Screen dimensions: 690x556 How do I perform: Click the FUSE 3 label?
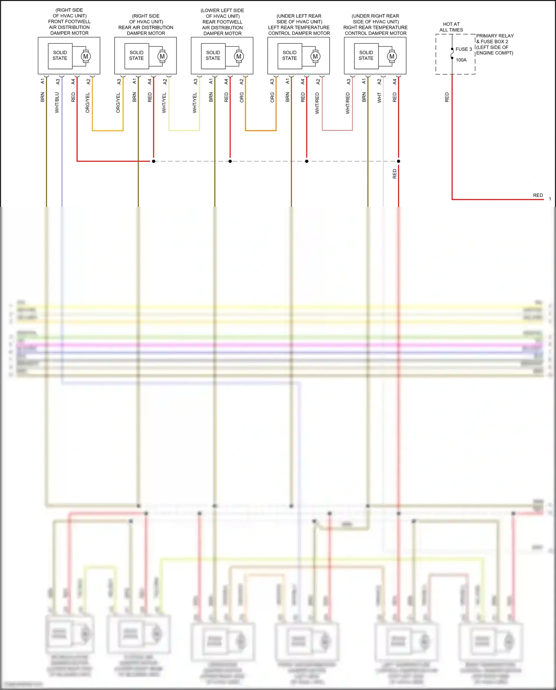pyautogui.click(x=464, y=49)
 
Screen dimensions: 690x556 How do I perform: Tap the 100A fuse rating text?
pyautogui.click(x=461, y=60)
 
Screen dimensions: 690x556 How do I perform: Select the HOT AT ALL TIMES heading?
pyautogui.click(x=451, y=27)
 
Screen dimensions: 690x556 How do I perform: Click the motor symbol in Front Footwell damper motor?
pyautogui.click(x=86, y=56)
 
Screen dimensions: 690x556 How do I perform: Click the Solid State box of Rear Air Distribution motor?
pyautogui.click(x=136, y=56)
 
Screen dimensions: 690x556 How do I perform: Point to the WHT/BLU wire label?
pyautogui.click(x=57, y=103)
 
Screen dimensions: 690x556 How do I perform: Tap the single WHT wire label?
pyautogui.click(x=379, y=98)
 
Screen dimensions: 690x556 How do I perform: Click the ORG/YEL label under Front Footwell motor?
pyautogui.click(x=88, y=103)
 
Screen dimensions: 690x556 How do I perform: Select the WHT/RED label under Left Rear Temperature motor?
pyautogui.click(x=317, y=103)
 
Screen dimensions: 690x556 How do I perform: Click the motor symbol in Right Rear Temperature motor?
pyautogui.click(x=392, y=56)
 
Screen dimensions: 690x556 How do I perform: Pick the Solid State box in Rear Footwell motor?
pyautogui.click(x=213, y=56)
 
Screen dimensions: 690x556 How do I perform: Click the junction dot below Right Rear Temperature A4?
pyautogui.click(x=398, y=161)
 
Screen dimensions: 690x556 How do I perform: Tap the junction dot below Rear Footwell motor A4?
pyautogui.click(x=230, y=161)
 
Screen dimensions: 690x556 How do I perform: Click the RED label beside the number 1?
pyautogui.click(x=538, y=195)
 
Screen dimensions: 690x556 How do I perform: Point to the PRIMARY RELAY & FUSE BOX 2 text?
pyautogui.click(x=495, y=44)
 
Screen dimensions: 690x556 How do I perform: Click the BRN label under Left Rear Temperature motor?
pyautogui.click(x=288, y=98)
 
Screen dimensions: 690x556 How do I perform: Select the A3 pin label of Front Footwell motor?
pyautogui.click(x=58, y=82)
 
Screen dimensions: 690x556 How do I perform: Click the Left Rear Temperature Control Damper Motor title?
pyautogui.click(x=299, y=24)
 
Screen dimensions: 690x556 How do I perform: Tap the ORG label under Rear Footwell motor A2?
pyautogui.click(x=242, y=98)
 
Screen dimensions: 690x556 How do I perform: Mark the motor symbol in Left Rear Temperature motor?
pyautogui.click(x=315, y=56)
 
